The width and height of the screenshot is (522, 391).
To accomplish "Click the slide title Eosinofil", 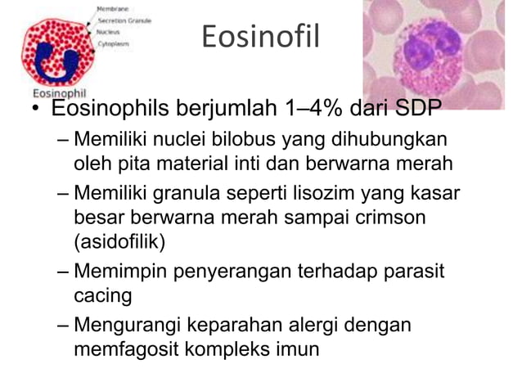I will pos(259,38).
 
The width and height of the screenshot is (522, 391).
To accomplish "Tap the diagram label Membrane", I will pos(112,8).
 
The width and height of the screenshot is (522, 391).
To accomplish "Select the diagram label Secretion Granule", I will pos(124,20).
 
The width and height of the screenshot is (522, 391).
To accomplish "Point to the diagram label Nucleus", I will pos(110,31).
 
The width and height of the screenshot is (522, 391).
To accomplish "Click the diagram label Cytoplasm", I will pos(114,43).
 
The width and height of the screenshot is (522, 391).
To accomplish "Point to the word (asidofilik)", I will pos(119,242).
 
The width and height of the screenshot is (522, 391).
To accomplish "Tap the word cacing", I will pos(102,294).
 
